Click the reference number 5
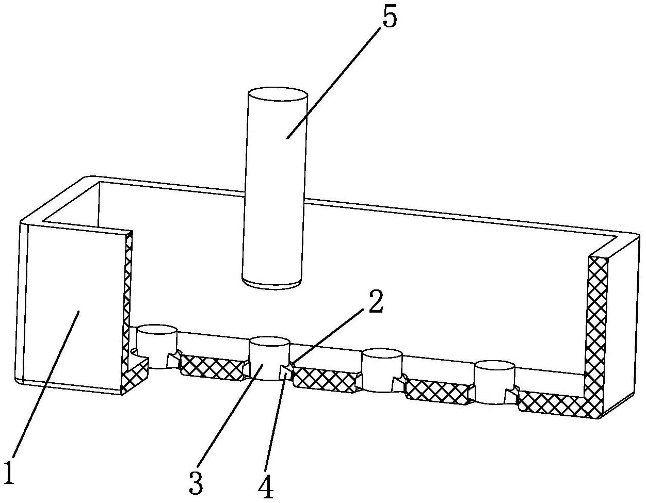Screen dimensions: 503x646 [390, 19]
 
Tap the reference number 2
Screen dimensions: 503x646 [376, 304]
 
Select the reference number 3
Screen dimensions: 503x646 [196, 482]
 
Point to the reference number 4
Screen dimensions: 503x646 [266, 485]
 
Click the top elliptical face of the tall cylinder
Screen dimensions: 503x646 [278, 96]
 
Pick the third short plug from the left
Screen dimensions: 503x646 [381, 369]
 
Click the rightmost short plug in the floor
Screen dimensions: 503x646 [494, 381]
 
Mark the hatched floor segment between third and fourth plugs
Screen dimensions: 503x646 [437, 392]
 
